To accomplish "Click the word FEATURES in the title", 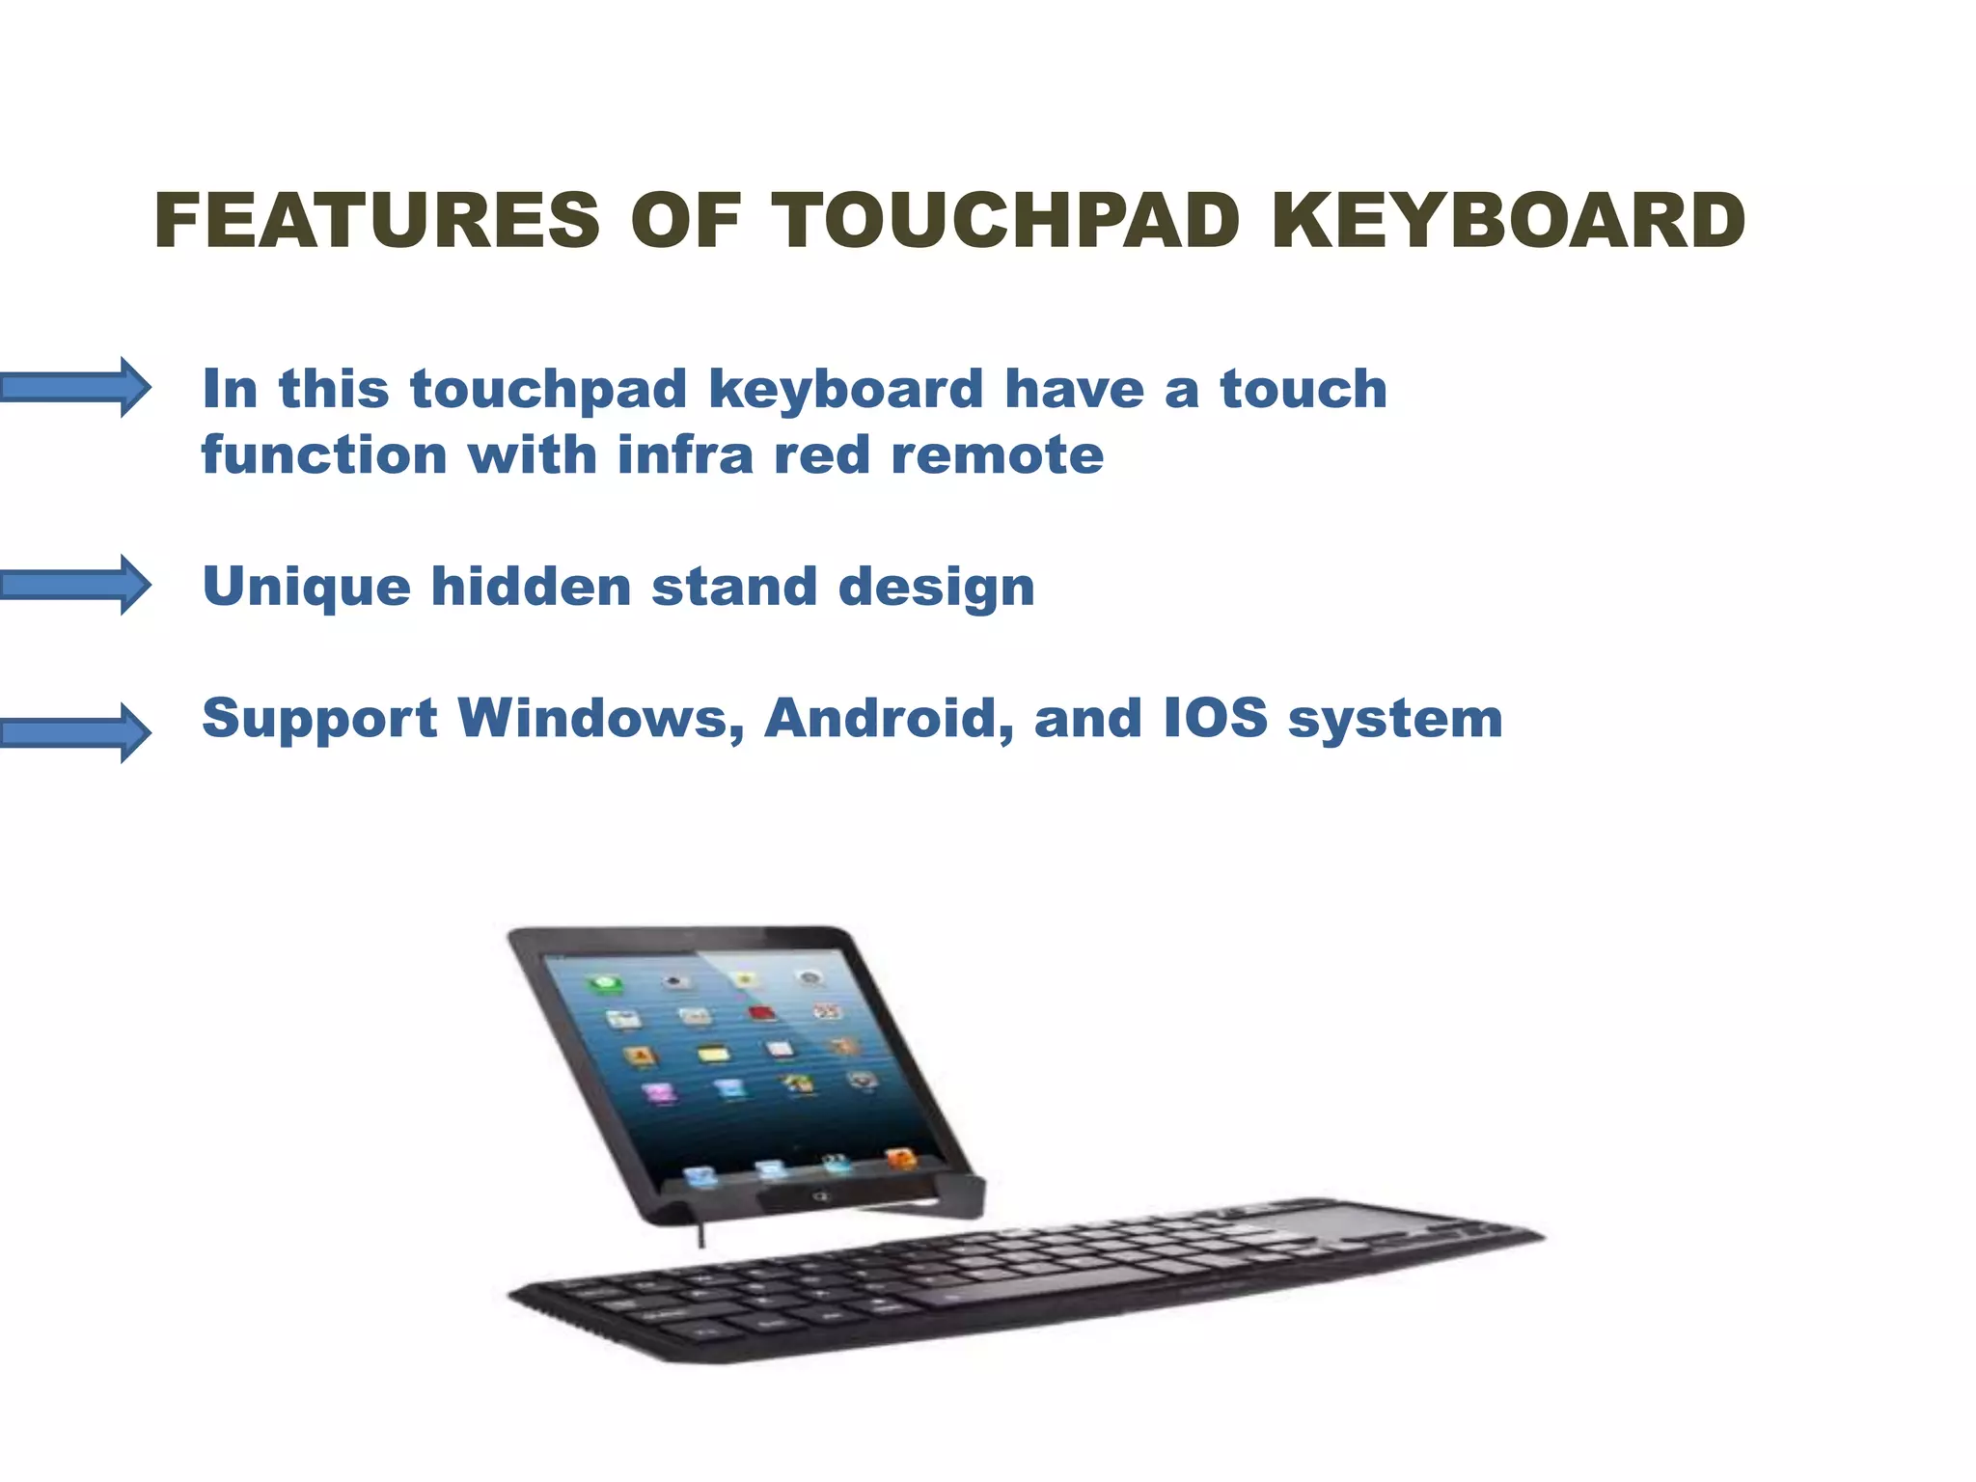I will [376, 221].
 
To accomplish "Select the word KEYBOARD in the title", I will [1508, 221].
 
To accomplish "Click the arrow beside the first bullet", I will [77, 388].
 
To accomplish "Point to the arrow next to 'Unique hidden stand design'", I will [77, 585].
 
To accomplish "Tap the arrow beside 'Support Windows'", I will [77, 733].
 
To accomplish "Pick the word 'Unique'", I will [306, 587].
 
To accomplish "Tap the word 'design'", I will [936, 587].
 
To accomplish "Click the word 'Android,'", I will [889, 719].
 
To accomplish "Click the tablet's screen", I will [743, 1061].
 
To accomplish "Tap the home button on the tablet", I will [821, 1197].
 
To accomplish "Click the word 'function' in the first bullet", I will [324, 454].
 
